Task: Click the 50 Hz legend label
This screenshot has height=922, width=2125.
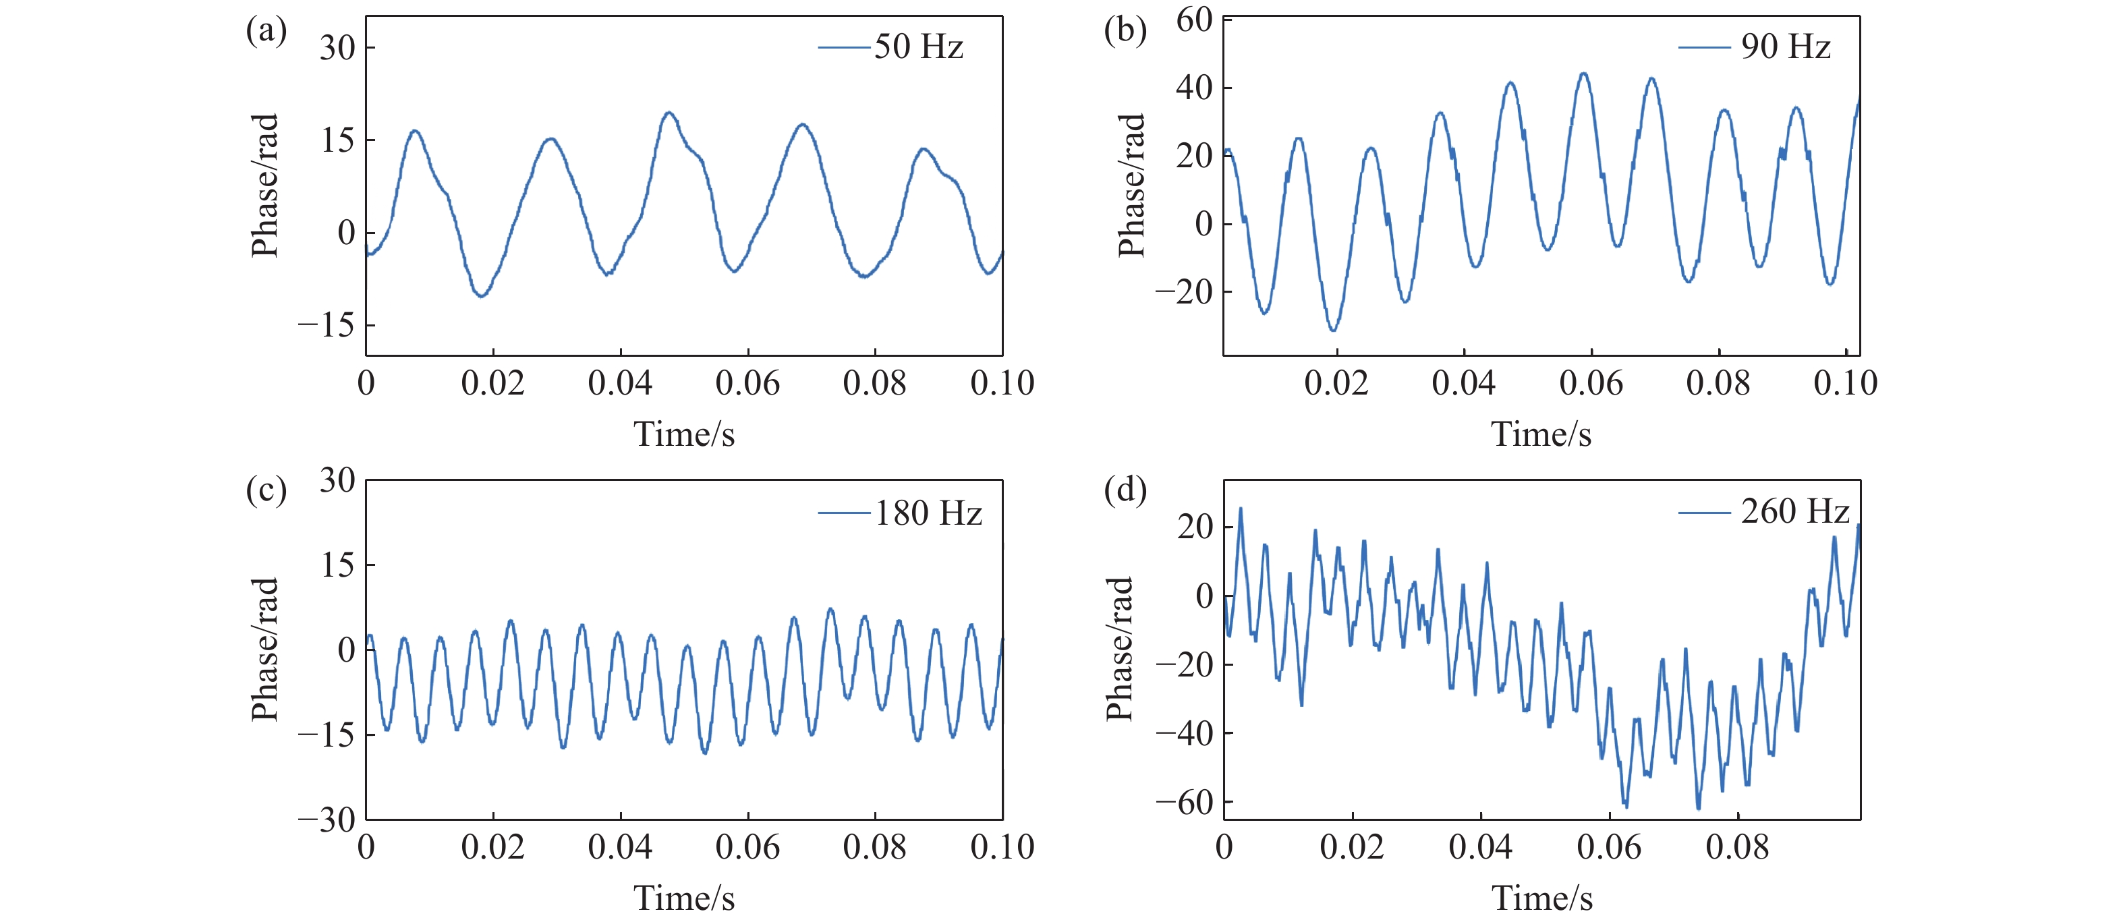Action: click(918, 47)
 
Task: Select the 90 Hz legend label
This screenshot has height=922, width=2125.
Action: click(1785, 47)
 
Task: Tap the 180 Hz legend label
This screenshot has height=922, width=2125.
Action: click(928, 514)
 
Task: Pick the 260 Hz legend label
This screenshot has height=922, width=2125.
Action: click(1795, 511)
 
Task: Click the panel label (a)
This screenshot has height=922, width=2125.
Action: click(266, 31)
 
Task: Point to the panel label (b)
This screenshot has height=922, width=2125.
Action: click(1125, 31)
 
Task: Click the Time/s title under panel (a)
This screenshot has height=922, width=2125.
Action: click(684, 434)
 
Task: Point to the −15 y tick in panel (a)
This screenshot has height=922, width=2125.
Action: click(326, 326)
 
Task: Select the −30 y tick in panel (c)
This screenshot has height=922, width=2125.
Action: click(326, 819)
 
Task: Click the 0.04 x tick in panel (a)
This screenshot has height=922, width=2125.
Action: click(621, 384)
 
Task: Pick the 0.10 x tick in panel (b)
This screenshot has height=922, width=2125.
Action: click(1845, 384)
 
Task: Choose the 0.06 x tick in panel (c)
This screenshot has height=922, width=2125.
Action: click(747, 848)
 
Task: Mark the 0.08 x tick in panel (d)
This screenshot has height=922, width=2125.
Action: click(1737, 848)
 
